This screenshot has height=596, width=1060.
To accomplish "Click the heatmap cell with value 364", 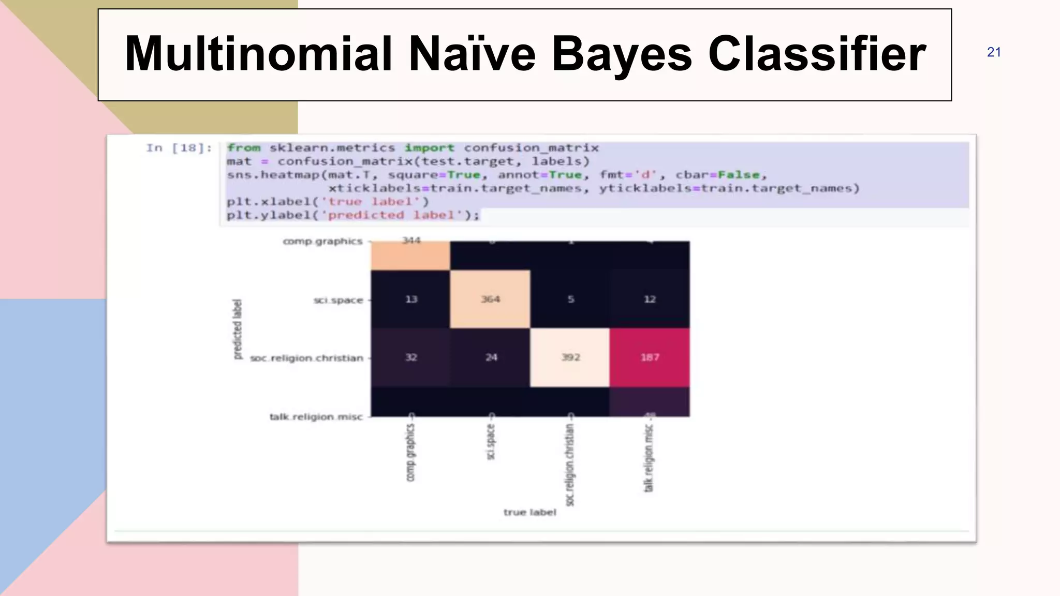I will pos(490,299).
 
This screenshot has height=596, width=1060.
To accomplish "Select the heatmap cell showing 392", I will pos(570,357).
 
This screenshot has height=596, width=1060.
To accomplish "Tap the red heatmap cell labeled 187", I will pos(650,357).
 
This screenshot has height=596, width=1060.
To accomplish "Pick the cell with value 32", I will pos(411,357).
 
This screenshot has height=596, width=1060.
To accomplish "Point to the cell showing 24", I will pos(491,357).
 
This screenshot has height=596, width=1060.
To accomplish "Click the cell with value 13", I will pos(411,299).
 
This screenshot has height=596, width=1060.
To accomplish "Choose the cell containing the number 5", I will pos(570,299).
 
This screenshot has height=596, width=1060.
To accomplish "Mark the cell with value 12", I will pos(650,299).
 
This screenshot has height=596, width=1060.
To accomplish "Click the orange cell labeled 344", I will pos(411,255).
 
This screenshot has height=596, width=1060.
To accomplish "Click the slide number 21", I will pos(994,52).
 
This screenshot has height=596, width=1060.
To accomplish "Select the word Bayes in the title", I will pos(622,54).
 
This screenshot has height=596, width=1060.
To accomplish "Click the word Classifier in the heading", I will pos(817,54).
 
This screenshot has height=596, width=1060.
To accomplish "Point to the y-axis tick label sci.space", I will pos(338,300).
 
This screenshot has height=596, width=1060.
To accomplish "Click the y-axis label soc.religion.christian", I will pos(306,358).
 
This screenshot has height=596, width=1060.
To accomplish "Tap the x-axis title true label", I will pos(529,512).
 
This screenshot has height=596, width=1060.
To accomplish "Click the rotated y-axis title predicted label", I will pos(237,329).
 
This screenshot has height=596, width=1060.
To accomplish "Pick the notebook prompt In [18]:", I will pos(179,148).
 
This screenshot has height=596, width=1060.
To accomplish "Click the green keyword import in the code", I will pos(429,148).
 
